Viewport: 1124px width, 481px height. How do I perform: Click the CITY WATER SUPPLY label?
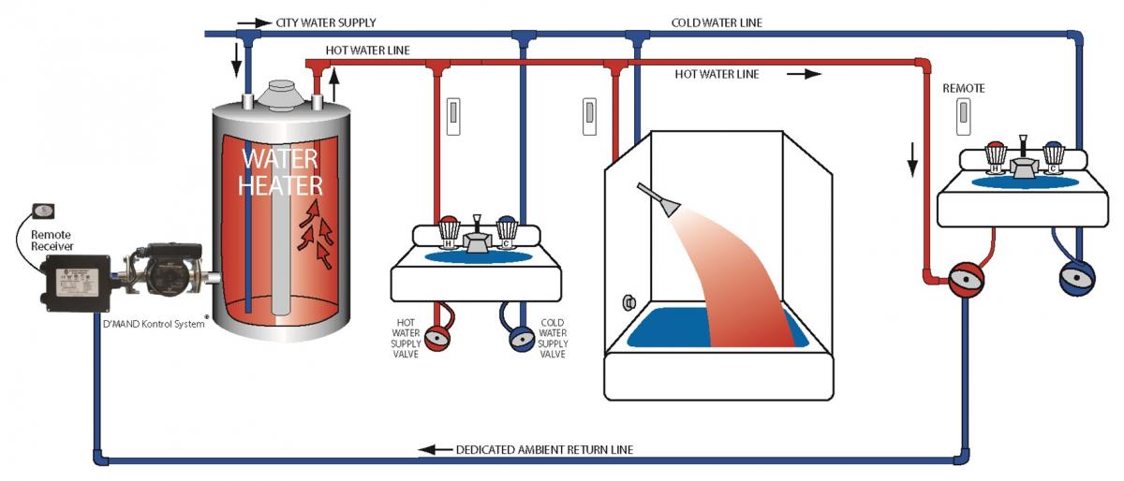326,22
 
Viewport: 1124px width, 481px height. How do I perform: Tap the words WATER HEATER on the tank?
280,170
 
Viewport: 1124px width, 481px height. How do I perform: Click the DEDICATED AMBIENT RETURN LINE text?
544,450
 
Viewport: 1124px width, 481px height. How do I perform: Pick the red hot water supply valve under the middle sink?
436,336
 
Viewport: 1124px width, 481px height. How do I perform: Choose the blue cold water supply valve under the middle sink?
521,337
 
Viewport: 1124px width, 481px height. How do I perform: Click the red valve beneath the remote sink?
965,279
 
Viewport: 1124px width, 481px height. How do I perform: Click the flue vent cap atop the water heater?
279,91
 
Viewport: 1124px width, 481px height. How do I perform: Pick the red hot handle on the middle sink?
449,229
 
